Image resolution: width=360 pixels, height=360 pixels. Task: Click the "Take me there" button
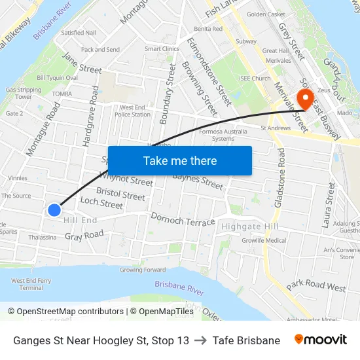pos(179,160)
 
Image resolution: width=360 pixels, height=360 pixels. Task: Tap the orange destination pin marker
pos(305,98)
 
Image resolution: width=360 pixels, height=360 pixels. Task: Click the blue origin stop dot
pos(54,210)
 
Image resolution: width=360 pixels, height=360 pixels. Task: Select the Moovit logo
pos(321,340)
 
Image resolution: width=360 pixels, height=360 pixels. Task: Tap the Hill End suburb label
pos(80,221)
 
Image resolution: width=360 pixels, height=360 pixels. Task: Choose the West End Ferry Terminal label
pos(31,284)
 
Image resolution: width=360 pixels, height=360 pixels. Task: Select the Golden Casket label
pos(266,14)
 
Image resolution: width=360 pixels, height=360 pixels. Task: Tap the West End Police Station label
pos(133,111)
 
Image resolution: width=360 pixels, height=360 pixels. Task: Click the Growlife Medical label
pos(264,240)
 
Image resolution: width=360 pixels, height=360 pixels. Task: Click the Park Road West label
pos(315,285)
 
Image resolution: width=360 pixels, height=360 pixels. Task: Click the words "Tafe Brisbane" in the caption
pos(246,340)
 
